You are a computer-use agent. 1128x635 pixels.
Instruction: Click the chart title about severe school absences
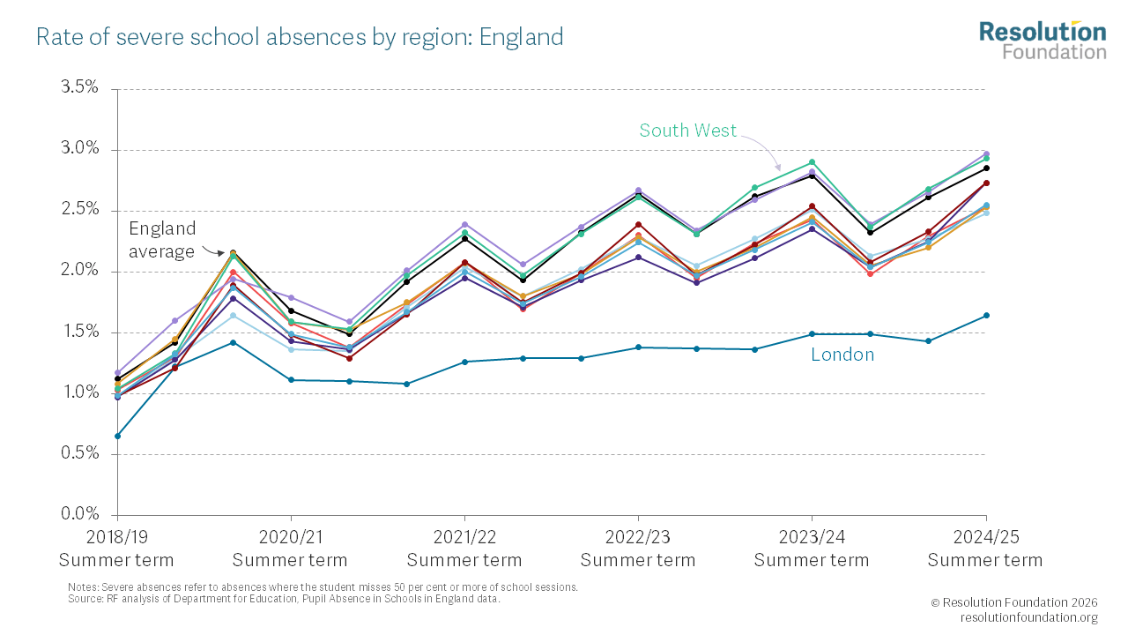(300, 37)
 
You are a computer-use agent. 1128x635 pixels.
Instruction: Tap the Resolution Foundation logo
(1043, 40)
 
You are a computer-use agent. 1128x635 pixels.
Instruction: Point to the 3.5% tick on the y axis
(79, 88)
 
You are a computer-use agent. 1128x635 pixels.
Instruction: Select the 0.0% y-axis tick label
(79, 514)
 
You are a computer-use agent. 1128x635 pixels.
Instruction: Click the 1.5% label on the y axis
(79, 332)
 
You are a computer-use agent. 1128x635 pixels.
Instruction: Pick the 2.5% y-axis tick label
(79, 210)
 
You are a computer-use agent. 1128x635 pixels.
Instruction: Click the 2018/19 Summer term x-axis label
(116, 549)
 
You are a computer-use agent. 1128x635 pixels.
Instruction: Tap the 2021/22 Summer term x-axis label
(464, 549)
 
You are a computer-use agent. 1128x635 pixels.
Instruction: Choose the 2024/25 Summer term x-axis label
(985, 549)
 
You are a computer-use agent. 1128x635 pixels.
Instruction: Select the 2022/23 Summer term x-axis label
(638, 549)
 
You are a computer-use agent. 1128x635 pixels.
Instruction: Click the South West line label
(687, 131)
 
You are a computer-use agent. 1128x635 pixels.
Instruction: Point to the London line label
(842, 355)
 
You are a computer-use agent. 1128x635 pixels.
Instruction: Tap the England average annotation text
(162, 240)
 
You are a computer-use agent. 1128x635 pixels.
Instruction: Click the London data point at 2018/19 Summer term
(117, 436)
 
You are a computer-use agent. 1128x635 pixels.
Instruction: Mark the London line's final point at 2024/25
(986, 315)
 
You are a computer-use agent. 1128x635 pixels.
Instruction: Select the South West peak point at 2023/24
(812, 162)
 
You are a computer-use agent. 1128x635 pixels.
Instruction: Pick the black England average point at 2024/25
(986, 168)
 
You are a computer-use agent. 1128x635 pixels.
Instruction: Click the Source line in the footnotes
(284, 599)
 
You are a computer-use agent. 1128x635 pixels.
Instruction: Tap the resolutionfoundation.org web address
(1028, 617)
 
